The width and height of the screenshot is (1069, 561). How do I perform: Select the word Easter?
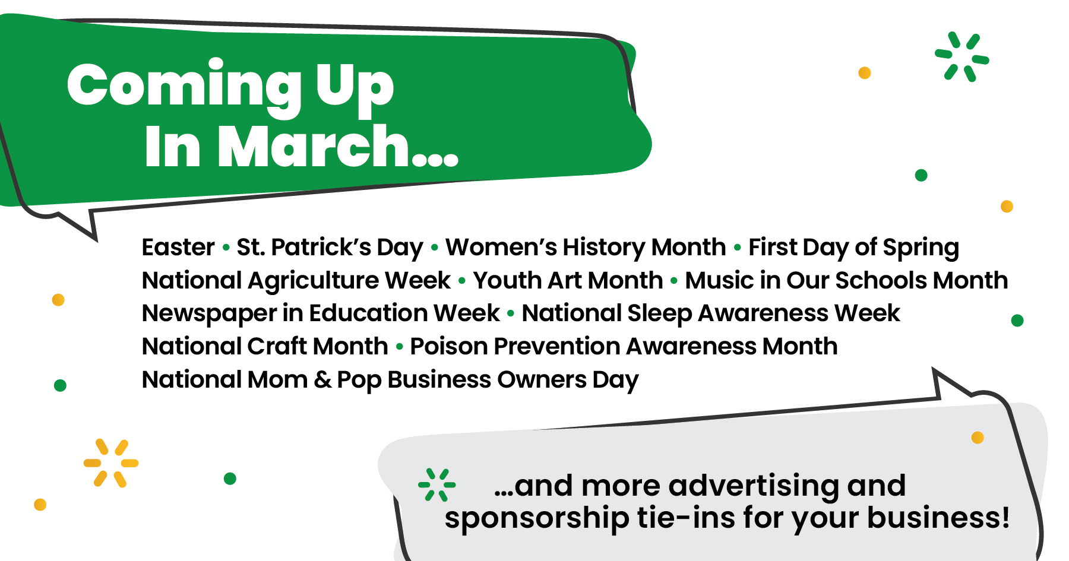click(x=178, y=247)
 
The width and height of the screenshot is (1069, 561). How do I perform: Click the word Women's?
click(x=501, y=247)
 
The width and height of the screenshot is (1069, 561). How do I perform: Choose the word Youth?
click(x=507, y=280)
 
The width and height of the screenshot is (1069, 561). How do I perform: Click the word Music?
click(x=719, y=280)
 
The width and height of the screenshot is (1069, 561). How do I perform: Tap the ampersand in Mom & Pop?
click(x=322, y=380)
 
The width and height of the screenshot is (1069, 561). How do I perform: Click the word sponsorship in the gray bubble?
click(x=537, y=518)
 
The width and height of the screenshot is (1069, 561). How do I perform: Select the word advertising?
click(x=754, y=486)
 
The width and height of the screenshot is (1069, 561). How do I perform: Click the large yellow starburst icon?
click(x=111, y=463)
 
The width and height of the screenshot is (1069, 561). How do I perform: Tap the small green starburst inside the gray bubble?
click(x=437, y=485)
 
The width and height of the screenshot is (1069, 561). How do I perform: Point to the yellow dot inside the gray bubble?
click(x=978, y=438)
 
